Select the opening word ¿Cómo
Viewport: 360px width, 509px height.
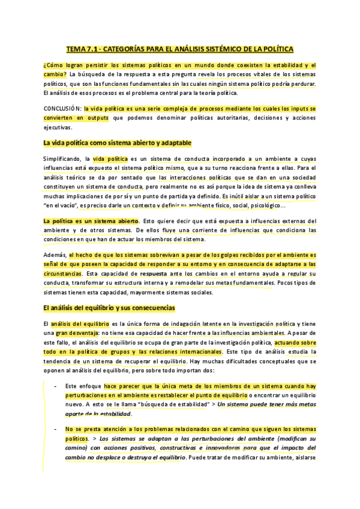[52, 65]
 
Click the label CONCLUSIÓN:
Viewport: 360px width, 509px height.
[62, 109]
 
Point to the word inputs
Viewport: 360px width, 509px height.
[287, 109]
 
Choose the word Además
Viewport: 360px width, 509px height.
[55, 254]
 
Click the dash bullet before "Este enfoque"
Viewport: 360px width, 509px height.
[56, 386]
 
